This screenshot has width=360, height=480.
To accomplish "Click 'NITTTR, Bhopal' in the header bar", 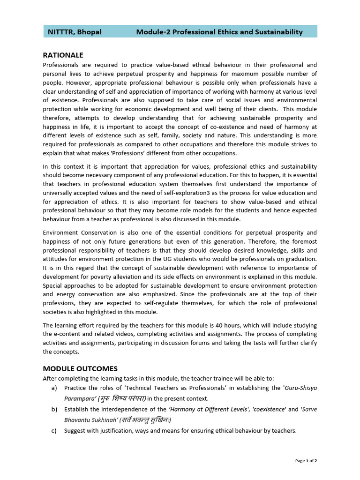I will [x=75, y=32].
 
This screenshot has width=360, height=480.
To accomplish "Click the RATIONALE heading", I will [x=63, y=55].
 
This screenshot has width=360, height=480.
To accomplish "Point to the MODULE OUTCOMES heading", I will [x=80, y=368].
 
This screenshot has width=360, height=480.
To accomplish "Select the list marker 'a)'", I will [x=54, y=388].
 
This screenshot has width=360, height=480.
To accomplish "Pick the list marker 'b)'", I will [x=54, y=409].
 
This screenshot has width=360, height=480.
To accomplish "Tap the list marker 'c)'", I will [x=54, y=431].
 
